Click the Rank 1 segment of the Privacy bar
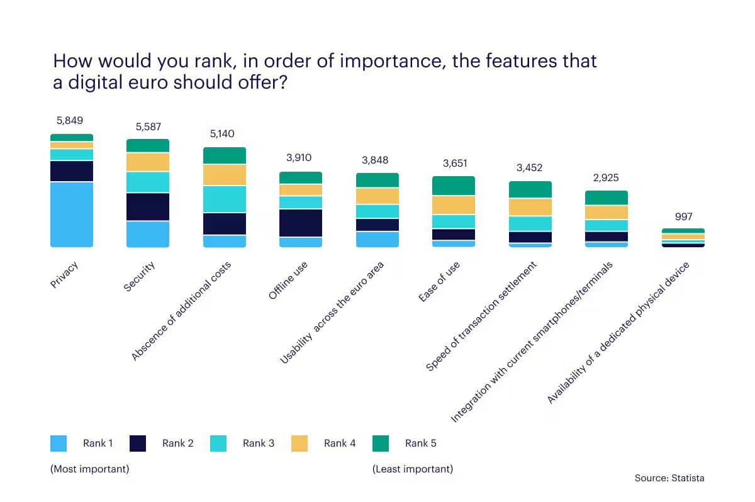pyautogui.click(x=72, y=215)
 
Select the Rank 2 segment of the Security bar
pyautogui.click(x=148, y=206)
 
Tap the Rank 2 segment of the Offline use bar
pyautogui.click(x=301, y=223)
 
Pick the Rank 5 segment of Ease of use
pyautogui.click(x=454, y=186)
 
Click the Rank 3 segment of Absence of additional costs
pyautogui.click(x=225, y=199)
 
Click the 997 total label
pyautogui.click(x=683, y=216)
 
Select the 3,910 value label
pyautogui.click(x=299, y=159)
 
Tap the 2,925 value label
pyautogui.click(x=606, y=178)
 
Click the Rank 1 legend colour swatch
pyautogui.click(x=59, y=443)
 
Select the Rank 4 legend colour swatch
pyautogui.click(x=299, y=443)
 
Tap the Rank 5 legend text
pyautogui.click(x=421, y=443)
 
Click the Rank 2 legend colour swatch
pyautogui.click(x=138, y=443)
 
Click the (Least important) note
pyautogui.click(x=412, y=469)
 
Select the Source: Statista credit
pyautogui.click(x=669, y=478)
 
